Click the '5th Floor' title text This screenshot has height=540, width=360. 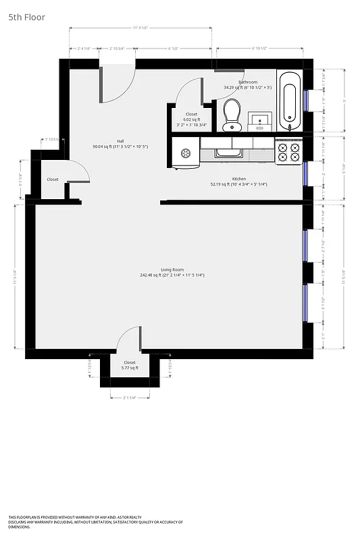[x=27, y=17]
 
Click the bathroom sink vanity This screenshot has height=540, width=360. [x=259, y=122]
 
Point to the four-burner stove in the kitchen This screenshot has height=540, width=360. [x=289, y=151]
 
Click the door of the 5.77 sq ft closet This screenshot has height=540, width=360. [x=128, y=337]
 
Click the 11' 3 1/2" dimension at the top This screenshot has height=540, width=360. [x=140, y=28]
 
